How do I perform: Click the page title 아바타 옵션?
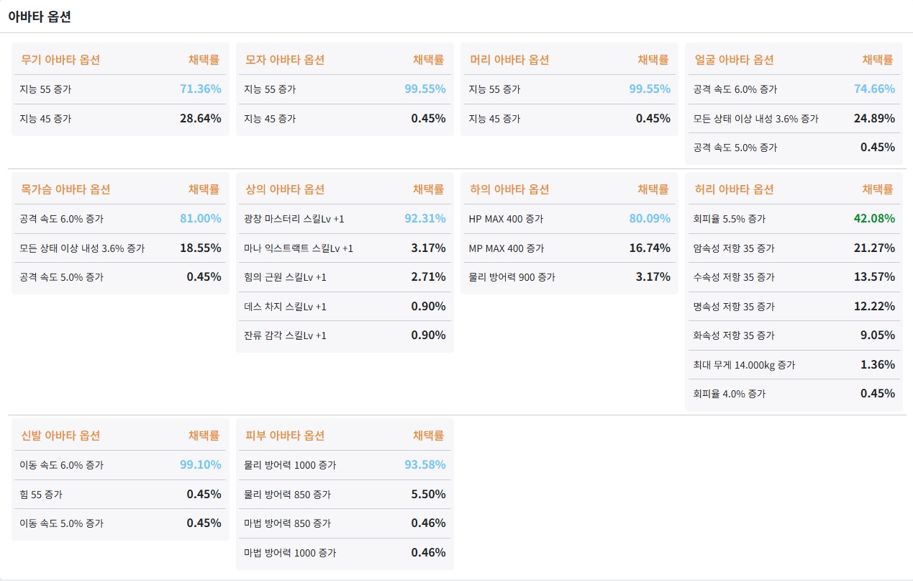coord(40,17)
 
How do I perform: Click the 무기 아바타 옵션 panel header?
coord(60,60)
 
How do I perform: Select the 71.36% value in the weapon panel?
coord(200,89)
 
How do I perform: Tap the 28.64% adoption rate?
coord(200,118)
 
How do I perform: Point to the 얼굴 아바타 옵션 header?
coord(734,60)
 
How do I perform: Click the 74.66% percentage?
coord(874,89)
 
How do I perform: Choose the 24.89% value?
coord(874,118)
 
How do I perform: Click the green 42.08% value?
coord(874,219)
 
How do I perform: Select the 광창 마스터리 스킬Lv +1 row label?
coord(294,219)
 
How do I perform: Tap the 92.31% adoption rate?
coord(424,219)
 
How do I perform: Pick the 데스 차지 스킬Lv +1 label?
coord(286,307)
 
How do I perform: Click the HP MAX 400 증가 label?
coord(506,219)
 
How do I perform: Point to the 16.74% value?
coord(650,248)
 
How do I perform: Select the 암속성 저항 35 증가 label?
coord(734,248)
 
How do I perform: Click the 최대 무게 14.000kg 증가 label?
coord(744,365)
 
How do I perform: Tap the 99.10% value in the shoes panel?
coord(200,465)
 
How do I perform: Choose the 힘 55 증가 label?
coord(41,495)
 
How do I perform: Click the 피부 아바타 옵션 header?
coord(285,436)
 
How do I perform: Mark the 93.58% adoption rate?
coord(424,465)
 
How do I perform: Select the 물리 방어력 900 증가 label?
coord(512,277)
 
